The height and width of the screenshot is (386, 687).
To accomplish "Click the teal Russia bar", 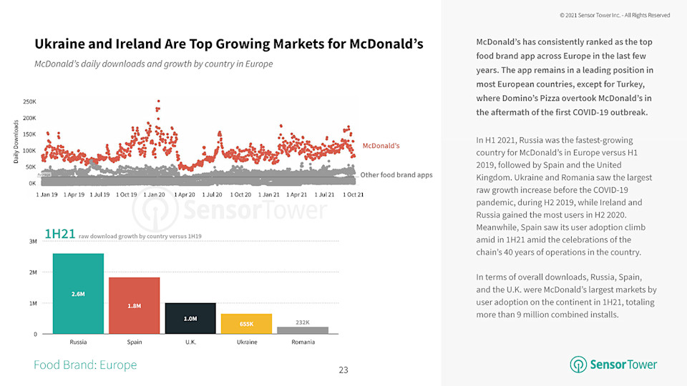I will pos(78,293).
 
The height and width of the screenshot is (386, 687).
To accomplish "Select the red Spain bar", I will pos(134,305).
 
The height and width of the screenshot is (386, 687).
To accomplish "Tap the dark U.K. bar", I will pos(190,318).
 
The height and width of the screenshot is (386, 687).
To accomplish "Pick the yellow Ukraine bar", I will pos(246,324).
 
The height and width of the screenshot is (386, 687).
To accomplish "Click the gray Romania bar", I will pos(302,330).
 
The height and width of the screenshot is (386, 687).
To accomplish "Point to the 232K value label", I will pos(302,322).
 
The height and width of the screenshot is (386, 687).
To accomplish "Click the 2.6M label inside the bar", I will pos(78,294).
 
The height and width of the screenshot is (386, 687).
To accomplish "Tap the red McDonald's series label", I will pos(381,146).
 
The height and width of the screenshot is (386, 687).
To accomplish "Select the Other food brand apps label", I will pos(396,174).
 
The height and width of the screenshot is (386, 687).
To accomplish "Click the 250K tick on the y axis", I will pos(30,102).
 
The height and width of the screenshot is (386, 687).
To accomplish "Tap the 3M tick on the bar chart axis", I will pos(33,242).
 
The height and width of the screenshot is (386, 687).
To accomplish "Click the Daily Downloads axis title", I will pos(16,142).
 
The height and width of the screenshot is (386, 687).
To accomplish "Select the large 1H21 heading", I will pos(59,234).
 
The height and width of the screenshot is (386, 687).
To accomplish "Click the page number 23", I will pos(343,370).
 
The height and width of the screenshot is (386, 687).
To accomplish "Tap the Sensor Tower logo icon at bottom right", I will pos(578,365).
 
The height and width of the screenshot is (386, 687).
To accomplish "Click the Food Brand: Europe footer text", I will pos(85,365).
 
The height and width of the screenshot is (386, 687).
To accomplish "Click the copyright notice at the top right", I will pos(615,15).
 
